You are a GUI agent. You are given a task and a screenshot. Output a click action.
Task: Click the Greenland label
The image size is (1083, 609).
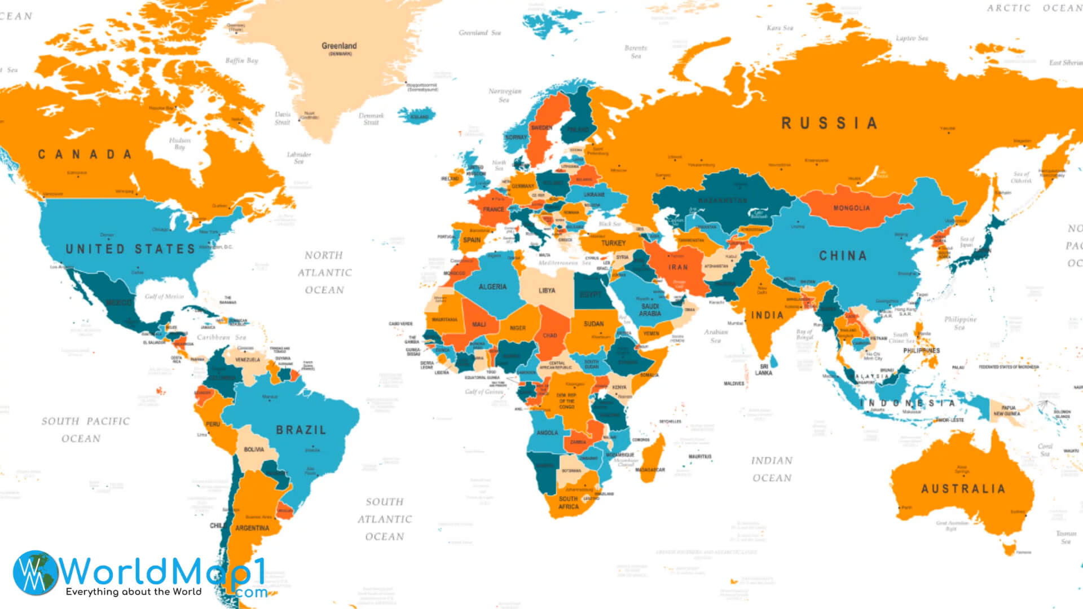click(339, 46)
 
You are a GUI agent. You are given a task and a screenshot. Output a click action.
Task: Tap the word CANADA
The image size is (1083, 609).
click(85, 155)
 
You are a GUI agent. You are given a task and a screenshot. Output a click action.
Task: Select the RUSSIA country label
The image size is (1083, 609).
click(829, 123)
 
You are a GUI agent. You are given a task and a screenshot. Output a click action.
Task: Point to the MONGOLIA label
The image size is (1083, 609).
click(851, 208)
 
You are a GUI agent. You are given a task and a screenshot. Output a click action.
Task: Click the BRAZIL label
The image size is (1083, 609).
click(301, 430)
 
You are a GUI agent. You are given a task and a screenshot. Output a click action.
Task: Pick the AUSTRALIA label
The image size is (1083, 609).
click(963, 489)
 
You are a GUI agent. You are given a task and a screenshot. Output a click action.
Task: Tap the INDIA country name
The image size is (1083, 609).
click(767, 315)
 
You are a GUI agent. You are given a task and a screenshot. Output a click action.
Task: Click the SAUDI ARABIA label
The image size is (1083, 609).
click(650, 310)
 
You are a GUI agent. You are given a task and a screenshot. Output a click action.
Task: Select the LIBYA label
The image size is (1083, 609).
click(547, 291)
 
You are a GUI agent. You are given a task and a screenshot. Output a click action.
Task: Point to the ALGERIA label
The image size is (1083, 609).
click(492, 287)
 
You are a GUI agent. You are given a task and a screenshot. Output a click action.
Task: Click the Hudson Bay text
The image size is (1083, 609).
click(180, 144)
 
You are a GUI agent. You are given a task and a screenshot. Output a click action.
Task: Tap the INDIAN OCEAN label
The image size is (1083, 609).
click(772, 469)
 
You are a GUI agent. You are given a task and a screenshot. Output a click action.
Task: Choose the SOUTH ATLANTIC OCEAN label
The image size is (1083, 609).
click(385, 519)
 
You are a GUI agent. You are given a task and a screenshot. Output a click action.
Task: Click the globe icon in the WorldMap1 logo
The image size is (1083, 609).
click(35, 573)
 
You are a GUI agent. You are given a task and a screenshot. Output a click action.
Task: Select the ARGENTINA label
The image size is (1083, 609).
click(252, 528)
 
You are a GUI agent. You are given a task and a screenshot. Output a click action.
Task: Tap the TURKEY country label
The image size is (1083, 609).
click(613, 243)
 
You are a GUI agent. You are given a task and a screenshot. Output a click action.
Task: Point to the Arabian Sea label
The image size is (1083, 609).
click(715, 336)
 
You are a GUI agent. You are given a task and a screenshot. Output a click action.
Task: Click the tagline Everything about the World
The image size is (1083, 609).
click(134, 592)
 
